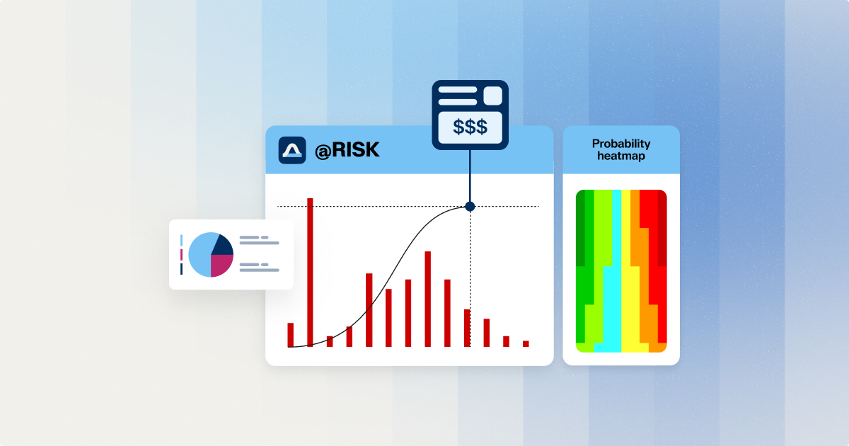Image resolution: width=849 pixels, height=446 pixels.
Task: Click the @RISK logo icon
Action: (x=291, y=150)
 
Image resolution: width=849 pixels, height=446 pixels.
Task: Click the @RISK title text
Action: (x=347, y=150)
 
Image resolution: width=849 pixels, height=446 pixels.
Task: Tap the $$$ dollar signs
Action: (x=470, y=127)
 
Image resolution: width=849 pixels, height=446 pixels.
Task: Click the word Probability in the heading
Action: (x=621, y=144)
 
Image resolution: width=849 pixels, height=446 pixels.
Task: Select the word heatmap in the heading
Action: (x=621, y=156)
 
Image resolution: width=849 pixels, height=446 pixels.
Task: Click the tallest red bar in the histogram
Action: (x=310, y=272)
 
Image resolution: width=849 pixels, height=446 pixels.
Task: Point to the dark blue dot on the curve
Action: (x=470, y=206)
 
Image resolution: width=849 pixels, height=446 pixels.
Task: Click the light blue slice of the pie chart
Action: (x=200, y=255)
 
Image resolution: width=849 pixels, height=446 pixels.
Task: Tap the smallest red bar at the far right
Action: (x=526, y=343)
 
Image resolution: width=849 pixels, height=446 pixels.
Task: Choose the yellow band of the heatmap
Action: (x=630, y=304)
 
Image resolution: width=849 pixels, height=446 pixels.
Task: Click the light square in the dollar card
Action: (x=492, y=96)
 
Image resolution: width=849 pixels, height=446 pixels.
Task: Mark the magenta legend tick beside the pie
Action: (x=182, y=255)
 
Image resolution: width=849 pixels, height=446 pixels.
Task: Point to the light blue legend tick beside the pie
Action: (x=182, y=241)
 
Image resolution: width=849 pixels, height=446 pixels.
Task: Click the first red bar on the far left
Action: (x=290, y=335)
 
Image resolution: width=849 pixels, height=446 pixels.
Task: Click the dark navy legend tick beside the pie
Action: (x=182, y=269)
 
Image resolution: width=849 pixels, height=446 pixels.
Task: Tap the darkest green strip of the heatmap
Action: (x=580, y=228)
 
